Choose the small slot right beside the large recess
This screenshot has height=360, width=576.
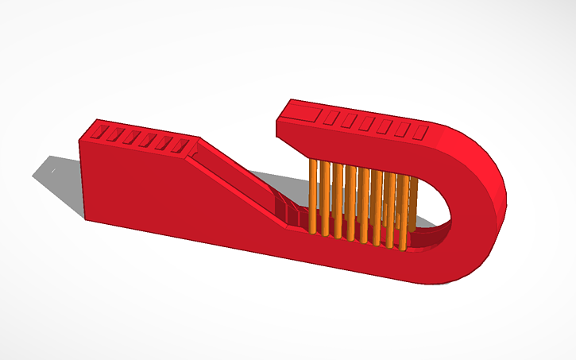(x=331, y=118)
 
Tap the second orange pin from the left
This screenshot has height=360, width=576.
(x=325, y=199)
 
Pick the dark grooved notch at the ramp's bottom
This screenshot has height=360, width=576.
(x=292, y=213)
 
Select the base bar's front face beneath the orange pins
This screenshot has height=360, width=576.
(x=358, y=258)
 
